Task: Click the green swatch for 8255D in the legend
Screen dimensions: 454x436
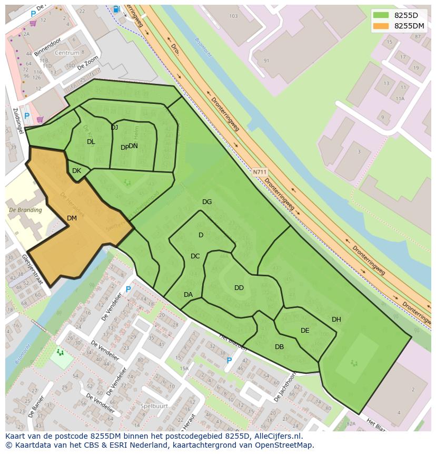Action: coord(382,15)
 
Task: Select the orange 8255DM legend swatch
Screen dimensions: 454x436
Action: coord(382,25)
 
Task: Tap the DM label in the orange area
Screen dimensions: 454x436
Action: coord(72,218)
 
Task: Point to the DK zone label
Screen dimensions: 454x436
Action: coord(76,171)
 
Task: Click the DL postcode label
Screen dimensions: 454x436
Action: coord(91,142)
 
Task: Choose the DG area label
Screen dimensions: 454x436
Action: coord(207,202)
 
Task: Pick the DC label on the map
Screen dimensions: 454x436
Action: coord(195,256)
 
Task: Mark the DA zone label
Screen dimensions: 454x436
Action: coord(188,295)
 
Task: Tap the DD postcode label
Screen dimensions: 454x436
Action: coord(239,288)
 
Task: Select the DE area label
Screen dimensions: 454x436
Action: coord(305,331)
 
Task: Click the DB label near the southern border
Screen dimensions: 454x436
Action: coord(279,347)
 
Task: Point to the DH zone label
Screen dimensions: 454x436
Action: coord(336,320)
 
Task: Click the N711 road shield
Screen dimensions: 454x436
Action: coord(260,172)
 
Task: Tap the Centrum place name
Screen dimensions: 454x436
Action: coord(67,53)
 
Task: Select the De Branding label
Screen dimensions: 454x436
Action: coord(25,210)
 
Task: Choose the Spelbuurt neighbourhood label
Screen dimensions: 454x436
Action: coord(154,405)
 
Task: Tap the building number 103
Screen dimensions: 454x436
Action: coord(234,16)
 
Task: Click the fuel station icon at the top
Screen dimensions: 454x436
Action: coord(116,9)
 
